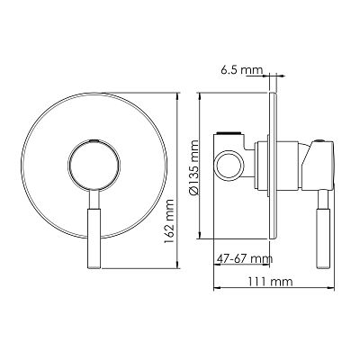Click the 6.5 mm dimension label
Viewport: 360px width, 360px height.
click(x=241, y=70)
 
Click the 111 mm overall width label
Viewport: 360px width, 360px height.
click(x=270, y=282)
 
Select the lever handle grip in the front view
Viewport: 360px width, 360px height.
click(x=94, y=238)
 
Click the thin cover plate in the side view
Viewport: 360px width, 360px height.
click(x=273, y=166)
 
